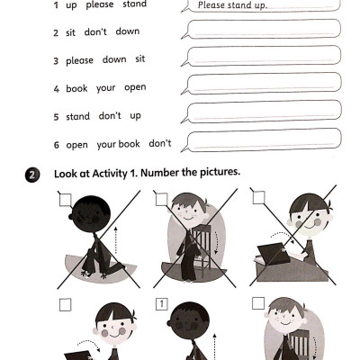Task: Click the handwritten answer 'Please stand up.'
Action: coord(231,4)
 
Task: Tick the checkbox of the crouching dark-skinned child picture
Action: coord(65,199)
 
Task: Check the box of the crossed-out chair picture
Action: coord(162,198)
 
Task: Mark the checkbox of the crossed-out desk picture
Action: coord(259,197)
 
